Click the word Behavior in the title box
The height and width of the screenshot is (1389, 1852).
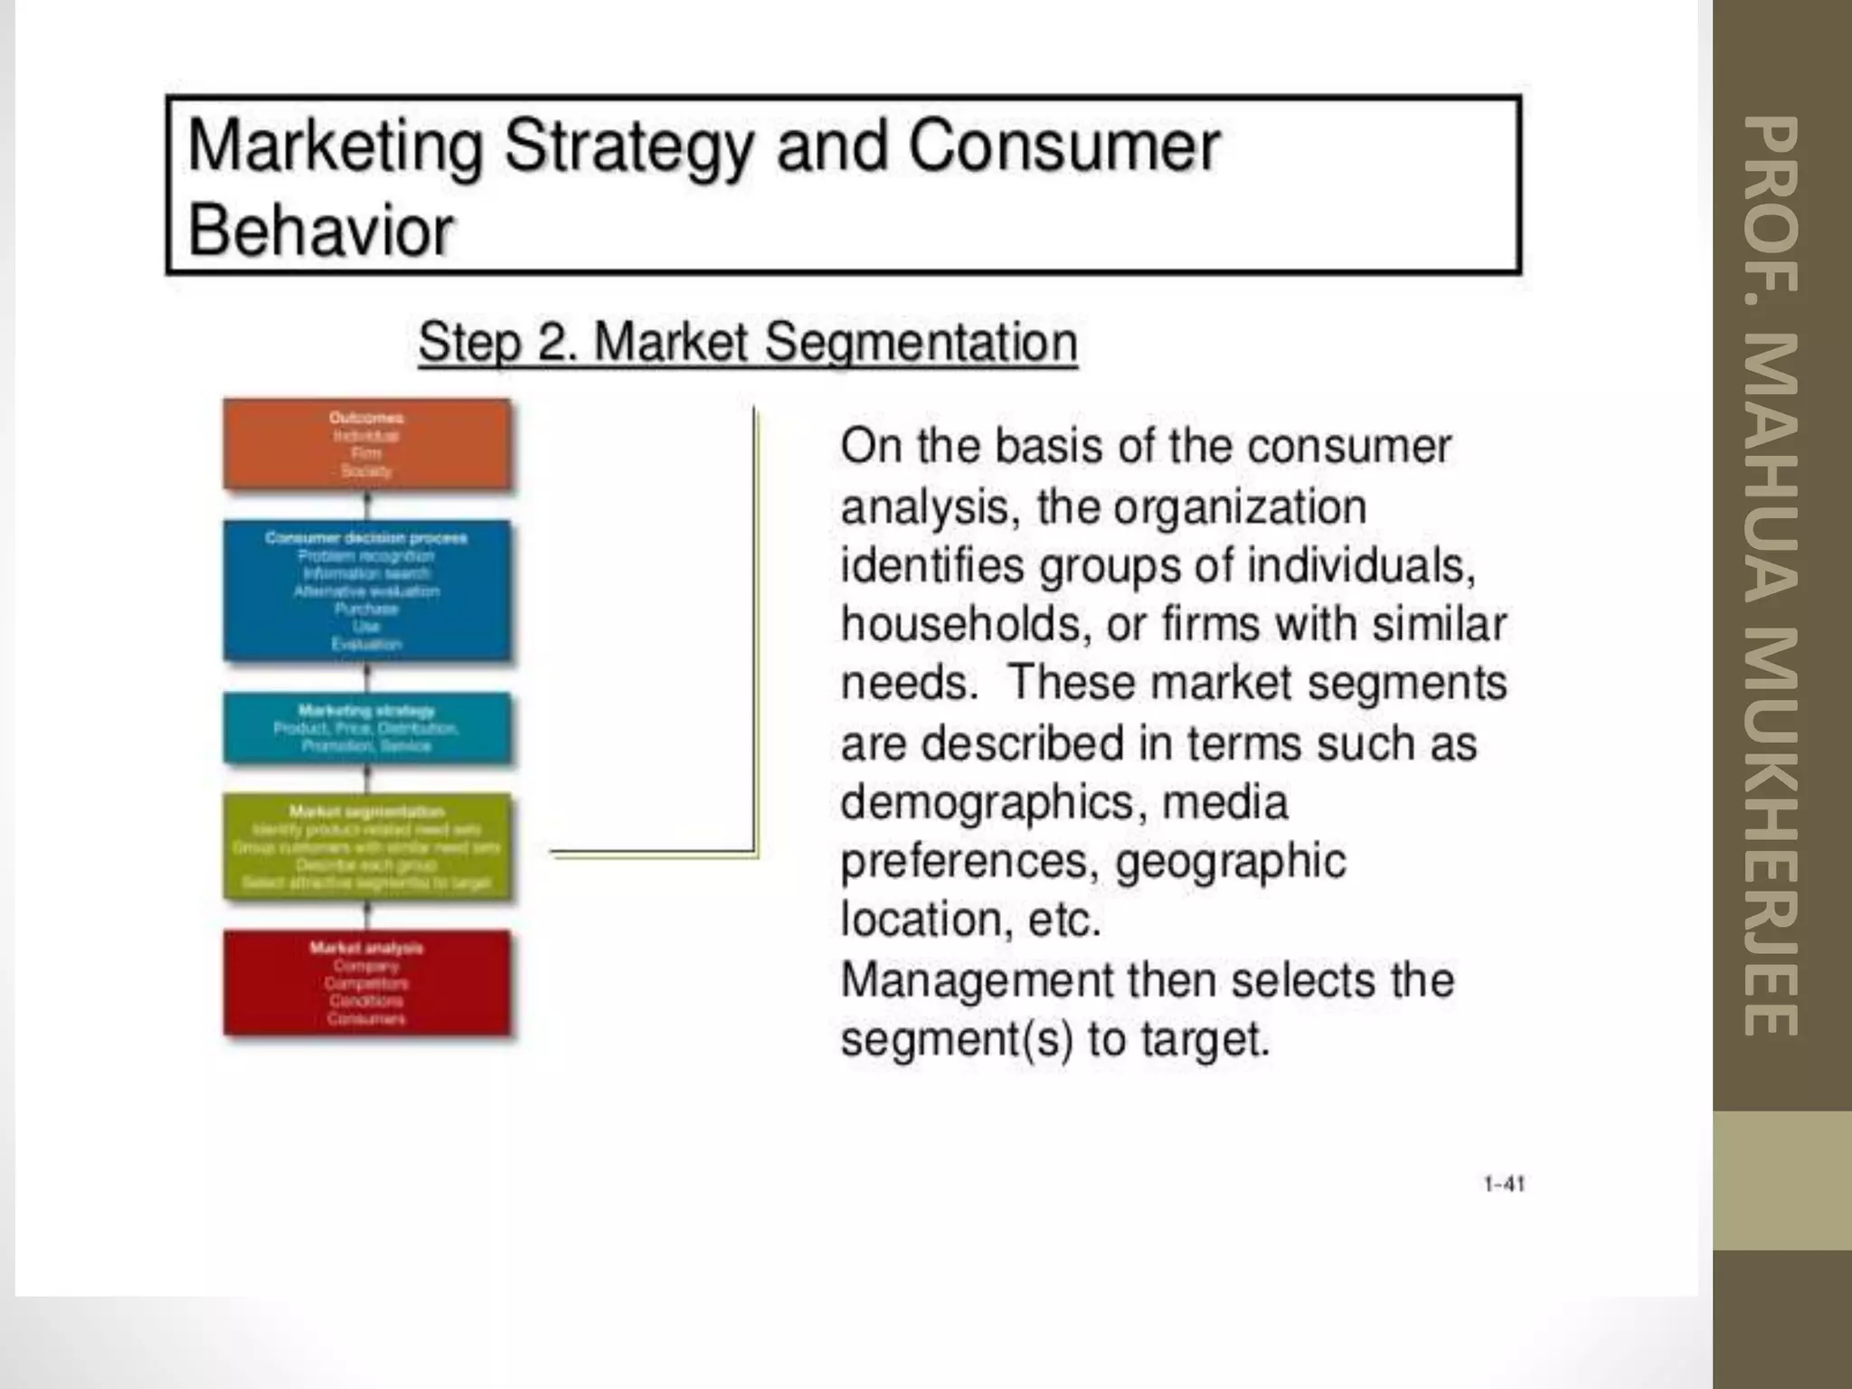(320, 231)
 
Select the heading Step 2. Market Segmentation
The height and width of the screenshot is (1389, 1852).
(747, 343)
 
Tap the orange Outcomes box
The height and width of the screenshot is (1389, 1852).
(366, 445)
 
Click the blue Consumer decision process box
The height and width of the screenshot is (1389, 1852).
(366, 591)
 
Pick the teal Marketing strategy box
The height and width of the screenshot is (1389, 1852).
(366, 728)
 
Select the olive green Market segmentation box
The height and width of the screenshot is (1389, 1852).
(366, 847)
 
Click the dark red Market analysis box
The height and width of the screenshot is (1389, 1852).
(366, 983)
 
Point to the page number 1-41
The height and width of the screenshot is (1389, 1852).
(1504, 1184)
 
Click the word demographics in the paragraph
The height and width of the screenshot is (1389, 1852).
(987, 802)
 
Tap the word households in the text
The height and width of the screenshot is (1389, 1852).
(960, 625)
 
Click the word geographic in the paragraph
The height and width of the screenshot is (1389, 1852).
(1230, 861)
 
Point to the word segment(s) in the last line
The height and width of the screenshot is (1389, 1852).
(957, 1039)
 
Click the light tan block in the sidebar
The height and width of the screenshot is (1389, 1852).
(1781, 1180)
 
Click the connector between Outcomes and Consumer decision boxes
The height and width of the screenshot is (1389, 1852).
(366, 505)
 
